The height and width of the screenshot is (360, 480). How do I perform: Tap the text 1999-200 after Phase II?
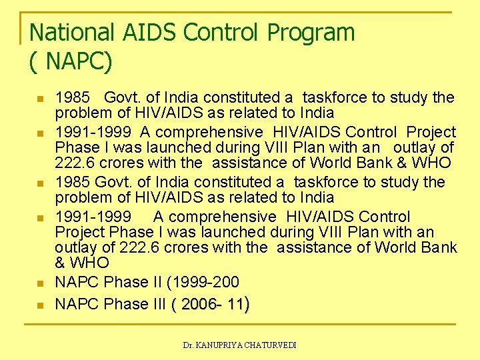[205, 283]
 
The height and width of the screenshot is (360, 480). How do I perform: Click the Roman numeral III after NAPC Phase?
[155, 305]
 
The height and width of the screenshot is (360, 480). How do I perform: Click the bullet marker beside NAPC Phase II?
[39, 283]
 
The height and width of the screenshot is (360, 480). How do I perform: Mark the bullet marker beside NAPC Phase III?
[39, 305]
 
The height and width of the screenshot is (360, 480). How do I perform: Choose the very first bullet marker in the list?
[39, 99]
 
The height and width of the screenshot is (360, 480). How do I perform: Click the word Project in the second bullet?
[431, 132]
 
